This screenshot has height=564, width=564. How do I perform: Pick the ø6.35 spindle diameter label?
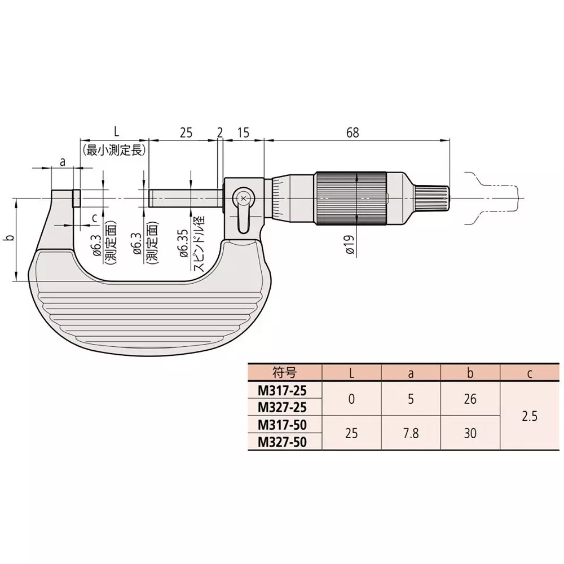(x=183, y=244)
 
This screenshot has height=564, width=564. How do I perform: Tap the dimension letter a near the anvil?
(x=63, y=161)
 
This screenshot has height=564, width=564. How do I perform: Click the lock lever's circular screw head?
(x=243, y=198)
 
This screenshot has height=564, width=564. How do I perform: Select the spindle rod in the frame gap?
(x=183, y=199)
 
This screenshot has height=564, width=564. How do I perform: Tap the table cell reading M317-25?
(x=282, y=390)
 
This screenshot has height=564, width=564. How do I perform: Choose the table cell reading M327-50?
(x=282, y=442)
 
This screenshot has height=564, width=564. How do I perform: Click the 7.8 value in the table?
(x=411, y=434)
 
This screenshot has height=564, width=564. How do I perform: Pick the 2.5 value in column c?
(x=530, y=416)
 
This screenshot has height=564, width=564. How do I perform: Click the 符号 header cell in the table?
(x=284, y=372)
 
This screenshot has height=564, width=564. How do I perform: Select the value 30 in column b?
(x=470, y=434)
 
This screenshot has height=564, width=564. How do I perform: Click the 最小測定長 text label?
(x=114, y=150)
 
